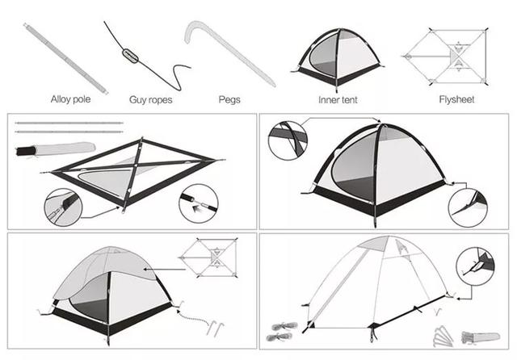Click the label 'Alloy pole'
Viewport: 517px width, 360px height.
[x=70, y=99]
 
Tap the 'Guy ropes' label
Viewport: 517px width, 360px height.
[x=151, y=100]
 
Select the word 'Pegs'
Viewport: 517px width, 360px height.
[x=229, y=100]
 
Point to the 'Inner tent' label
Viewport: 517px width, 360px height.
[x=338, y=99]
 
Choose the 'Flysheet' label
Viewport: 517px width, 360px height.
[x=456, y=99]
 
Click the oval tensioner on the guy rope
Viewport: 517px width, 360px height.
[x=131, y=56]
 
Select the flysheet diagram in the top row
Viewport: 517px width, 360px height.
[x=445, y=57]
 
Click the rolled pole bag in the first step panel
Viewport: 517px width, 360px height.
[x=56, y=149]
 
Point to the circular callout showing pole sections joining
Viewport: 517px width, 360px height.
[x=199, y=203]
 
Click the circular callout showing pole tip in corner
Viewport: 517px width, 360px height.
[x=63, y=207]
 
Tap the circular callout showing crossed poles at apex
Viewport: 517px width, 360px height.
[x=288, y=140]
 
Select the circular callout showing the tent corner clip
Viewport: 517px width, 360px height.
[x=468, y=207]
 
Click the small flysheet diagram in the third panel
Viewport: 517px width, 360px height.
[x=208, y=257]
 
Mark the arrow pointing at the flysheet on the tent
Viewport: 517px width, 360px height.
[x=164, y=270]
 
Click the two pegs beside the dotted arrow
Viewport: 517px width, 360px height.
[x=216, y=328]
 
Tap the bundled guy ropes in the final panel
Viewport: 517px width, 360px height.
[x=282, y=332]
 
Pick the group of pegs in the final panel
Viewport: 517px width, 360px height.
[x=443, y=336]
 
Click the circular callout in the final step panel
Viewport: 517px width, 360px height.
[x=475, y=266]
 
